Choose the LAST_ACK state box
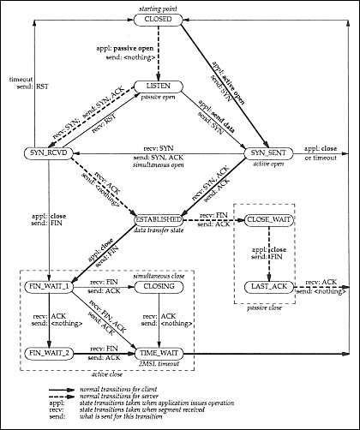(270, 285)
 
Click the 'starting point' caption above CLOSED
(179, 7)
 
